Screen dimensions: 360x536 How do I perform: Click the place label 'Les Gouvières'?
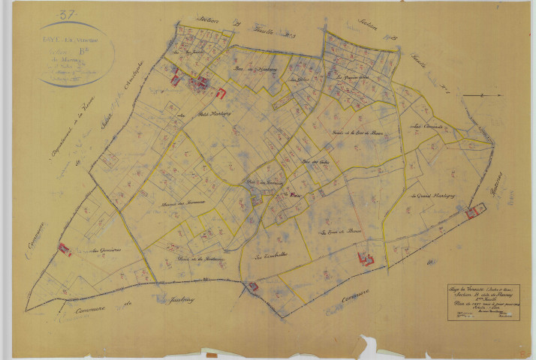pyautogui.click(x=101, y=252)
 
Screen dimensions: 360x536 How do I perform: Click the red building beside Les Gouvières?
pyautogui.click(x=65, y=249)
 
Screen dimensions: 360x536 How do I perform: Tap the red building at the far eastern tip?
pyautogui.click(x=472, y=212)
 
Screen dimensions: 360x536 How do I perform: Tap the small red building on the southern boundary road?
pyautogui.click(x=253, y=286)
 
